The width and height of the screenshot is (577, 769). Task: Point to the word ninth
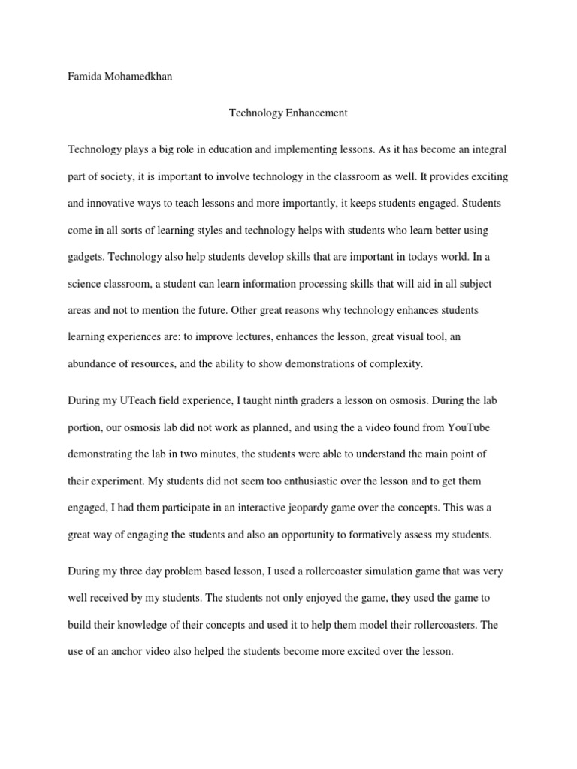click(x=303, y=400)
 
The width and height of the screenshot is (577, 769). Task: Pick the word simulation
click(x=380, y=571)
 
